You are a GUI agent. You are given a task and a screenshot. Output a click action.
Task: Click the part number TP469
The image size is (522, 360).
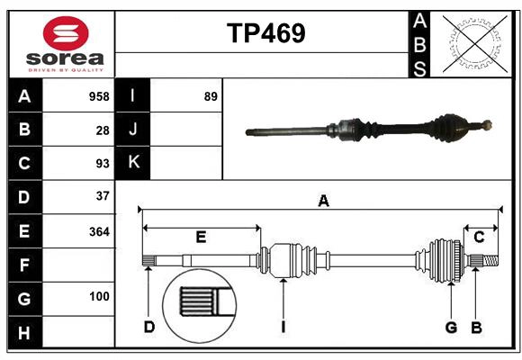[265, 33]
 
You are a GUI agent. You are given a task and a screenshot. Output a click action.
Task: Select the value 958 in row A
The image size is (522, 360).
[99, 96]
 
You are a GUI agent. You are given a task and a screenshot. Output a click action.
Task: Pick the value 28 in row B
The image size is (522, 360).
[102, 130]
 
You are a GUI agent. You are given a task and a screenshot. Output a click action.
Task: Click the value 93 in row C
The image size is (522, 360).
[102, 163]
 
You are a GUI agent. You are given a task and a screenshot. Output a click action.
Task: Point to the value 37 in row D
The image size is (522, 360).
[102, 195]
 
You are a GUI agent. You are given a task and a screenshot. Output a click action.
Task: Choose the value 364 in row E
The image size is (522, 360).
[99, 230]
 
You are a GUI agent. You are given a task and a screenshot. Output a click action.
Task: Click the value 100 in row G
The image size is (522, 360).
[99, 296]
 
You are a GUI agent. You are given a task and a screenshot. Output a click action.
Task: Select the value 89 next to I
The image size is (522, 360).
[211, 96]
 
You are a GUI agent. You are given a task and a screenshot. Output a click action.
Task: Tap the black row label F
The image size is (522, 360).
[24, 265]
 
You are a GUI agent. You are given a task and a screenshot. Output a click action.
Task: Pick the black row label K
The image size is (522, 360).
[133, 162]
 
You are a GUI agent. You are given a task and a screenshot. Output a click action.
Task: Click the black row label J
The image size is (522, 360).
[133, 130]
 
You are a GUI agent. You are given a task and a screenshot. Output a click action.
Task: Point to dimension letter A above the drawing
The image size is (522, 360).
[322, 202]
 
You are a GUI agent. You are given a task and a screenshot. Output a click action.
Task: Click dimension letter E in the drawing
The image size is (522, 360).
[201, 238]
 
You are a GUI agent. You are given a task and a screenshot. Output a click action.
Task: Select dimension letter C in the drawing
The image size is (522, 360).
[479, 238]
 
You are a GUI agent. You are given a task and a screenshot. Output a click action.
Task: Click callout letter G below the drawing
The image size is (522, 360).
[451, 328]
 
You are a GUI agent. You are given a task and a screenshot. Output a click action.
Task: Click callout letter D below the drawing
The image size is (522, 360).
[148, 328]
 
